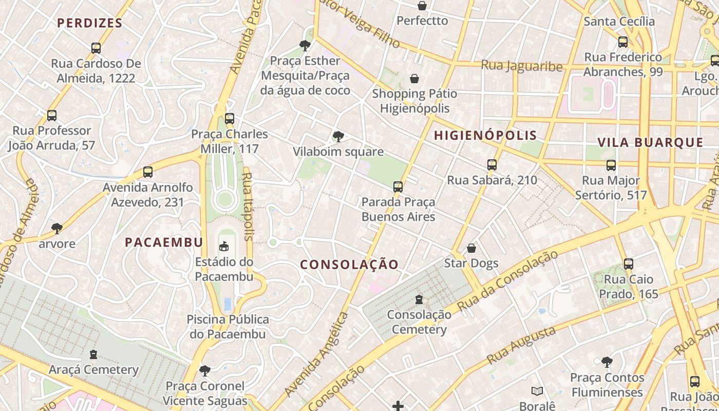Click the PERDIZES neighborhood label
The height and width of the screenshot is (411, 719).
pyautogui.click(x=90, y=23)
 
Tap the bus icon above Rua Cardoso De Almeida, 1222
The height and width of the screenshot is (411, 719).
pyautogui.click(x=96, y=48)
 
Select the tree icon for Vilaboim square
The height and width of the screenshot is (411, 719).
pyautogui.click(x=338, y=136)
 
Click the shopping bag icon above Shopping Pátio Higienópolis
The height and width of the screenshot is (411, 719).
pyautogui.click(x=414, y=79)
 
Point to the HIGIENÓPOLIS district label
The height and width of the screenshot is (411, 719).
pyautogui.click(x=485, y=136)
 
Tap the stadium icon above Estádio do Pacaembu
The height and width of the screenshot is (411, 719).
pyautogui.click(x=224, y=247)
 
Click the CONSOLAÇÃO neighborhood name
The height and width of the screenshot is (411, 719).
pyautogui.click(x=349, y=265)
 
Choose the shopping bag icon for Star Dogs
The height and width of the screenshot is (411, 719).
pyautogui.click(x=471, y=249)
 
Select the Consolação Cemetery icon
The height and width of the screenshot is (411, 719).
pyautogui.click(x=419, y=299)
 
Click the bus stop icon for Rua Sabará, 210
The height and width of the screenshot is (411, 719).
pyautogui.click(x=492, y=165)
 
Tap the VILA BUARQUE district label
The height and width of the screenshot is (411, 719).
pyautogui.click(x=650, y=143)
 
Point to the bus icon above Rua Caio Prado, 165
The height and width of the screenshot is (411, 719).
pyautogui.click(x=629, y=264)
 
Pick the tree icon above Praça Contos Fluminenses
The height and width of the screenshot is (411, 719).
pyautogui.click(x=607, y=362)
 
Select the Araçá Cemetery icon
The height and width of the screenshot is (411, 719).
pyautogui.click(x=93, y=354)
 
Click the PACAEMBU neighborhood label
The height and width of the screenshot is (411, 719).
pyautogui.click(x=164, y=242)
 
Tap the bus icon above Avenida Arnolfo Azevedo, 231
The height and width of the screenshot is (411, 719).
pyautogui.click(x=148, y=172)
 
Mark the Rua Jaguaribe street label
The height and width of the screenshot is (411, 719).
pyautogui.click(x=522, y=66)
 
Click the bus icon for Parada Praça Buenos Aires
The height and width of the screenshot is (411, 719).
pyautogui.click(x=398, y=186)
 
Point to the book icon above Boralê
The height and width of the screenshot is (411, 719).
pyautogui.click(x=537, y=391)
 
